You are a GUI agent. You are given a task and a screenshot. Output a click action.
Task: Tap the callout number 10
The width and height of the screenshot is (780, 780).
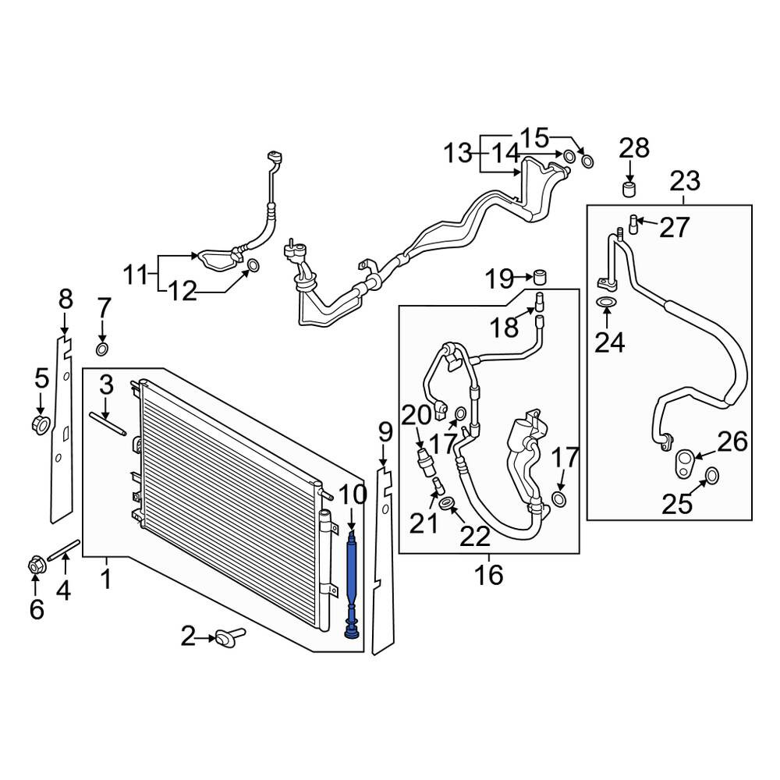tap(353, 495)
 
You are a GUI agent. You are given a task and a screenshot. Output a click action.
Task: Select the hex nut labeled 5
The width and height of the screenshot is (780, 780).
tap(41, 424)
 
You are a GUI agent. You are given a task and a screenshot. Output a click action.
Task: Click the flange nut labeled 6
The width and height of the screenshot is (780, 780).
tap(35, 565)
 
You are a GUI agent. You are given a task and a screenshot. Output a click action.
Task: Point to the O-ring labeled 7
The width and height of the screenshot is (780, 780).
tap(102, 349)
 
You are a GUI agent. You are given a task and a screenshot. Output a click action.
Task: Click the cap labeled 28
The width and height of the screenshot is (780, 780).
tap(629, 190)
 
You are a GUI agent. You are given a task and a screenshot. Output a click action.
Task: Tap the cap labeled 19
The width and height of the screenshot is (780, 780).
tap(541, 276)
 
